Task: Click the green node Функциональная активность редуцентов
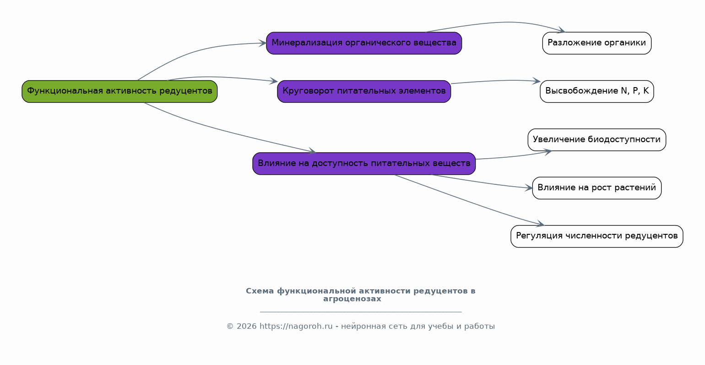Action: coord(119,91)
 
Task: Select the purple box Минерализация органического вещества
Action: coord(364,43)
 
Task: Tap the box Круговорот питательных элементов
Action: coord(364,91)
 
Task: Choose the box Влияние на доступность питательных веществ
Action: coord(364,164)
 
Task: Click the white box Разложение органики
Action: coord(597,43)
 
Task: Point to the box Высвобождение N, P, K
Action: coord(597,91)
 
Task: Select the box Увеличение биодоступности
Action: coord(597,140)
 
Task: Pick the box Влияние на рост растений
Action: coord(597,188)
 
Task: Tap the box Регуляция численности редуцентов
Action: coord(597,236)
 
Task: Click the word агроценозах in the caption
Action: coord(352,299)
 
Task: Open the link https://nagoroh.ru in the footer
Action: coord(296,326)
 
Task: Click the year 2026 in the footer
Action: coord(246,326)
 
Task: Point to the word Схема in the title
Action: coord(260,291)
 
